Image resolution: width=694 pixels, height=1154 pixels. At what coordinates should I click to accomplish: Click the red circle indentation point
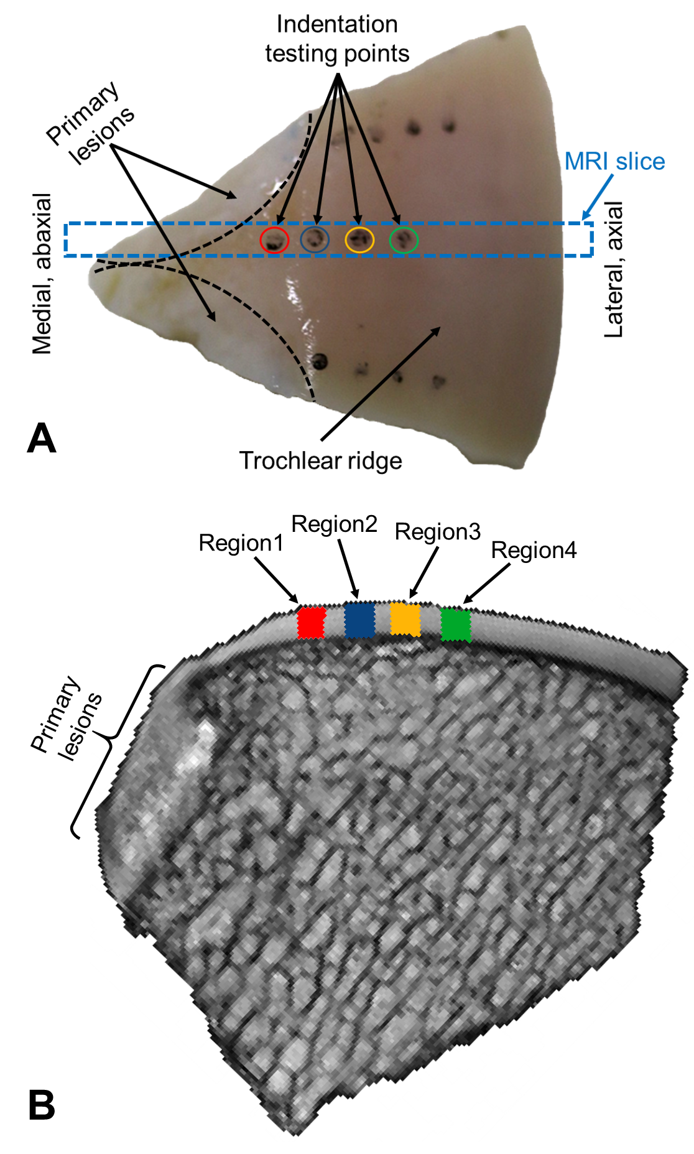(x=274, y=240)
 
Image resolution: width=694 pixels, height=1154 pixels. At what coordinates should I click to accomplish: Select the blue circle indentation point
(x=315, y=239)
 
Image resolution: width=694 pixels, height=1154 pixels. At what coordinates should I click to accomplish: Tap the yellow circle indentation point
(x=359, y=240)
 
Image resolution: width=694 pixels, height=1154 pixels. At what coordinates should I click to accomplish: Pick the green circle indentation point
(x=404, y=240)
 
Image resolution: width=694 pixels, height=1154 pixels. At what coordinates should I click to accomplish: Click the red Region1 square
(x=312, y=623)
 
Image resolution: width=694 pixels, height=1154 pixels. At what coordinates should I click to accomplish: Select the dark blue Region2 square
(x=359, y=620)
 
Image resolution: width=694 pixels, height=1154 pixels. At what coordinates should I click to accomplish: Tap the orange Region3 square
(x=405, y=618)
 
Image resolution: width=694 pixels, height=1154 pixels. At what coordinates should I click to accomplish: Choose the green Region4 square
(x=456, y=625)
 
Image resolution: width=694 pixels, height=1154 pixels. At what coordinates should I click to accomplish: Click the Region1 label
(x=241, y=543)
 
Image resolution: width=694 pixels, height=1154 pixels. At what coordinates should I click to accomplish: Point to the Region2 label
(x=334, y=524)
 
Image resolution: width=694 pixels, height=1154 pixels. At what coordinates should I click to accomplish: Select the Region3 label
(x=437, y=532)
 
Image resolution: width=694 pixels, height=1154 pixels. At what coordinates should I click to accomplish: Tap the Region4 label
(x=534, y=551)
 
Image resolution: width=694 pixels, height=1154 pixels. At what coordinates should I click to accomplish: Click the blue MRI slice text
(x=614, y=162)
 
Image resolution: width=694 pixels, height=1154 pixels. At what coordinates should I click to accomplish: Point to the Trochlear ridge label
(x=320, y=461)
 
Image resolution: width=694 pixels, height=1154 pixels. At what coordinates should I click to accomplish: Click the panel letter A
(x=42, y=439)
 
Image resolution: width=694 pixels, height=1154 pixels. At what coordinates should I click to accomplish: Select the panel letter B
(x=42, y=1105)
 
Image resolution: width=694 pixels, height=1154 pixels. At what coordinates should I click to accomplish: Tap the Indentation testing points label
(x=337, y=39)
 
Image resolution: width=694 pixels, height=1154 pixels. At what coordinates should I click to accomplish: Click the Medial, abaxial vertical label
(x=42, y=274)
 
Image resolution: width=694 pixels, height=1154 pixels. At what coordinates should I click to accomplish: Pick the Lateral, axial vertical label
(x=614, y=269)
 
